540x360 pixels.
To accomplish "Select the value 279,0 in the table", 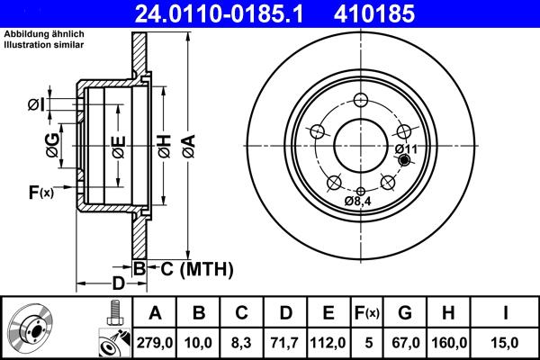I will point(155,341).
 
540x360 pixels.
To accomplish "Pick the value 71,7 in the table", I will point(285,341).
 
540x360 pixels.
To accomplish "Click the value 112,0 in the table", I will point(328,341).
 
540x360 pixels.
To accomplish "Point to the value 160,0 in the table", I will point(448,341).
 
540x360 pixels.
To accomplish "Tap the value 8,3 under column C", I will point(241,341).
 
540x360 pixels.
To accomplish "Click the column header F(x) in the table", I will point(367,313).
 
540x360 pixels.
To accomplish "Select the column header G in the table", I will point(405,313).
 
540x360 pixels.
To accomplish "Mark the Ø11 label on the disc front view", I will point(405,148).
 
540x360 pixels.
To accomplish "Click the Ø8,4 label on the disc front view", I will point(359,202).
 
